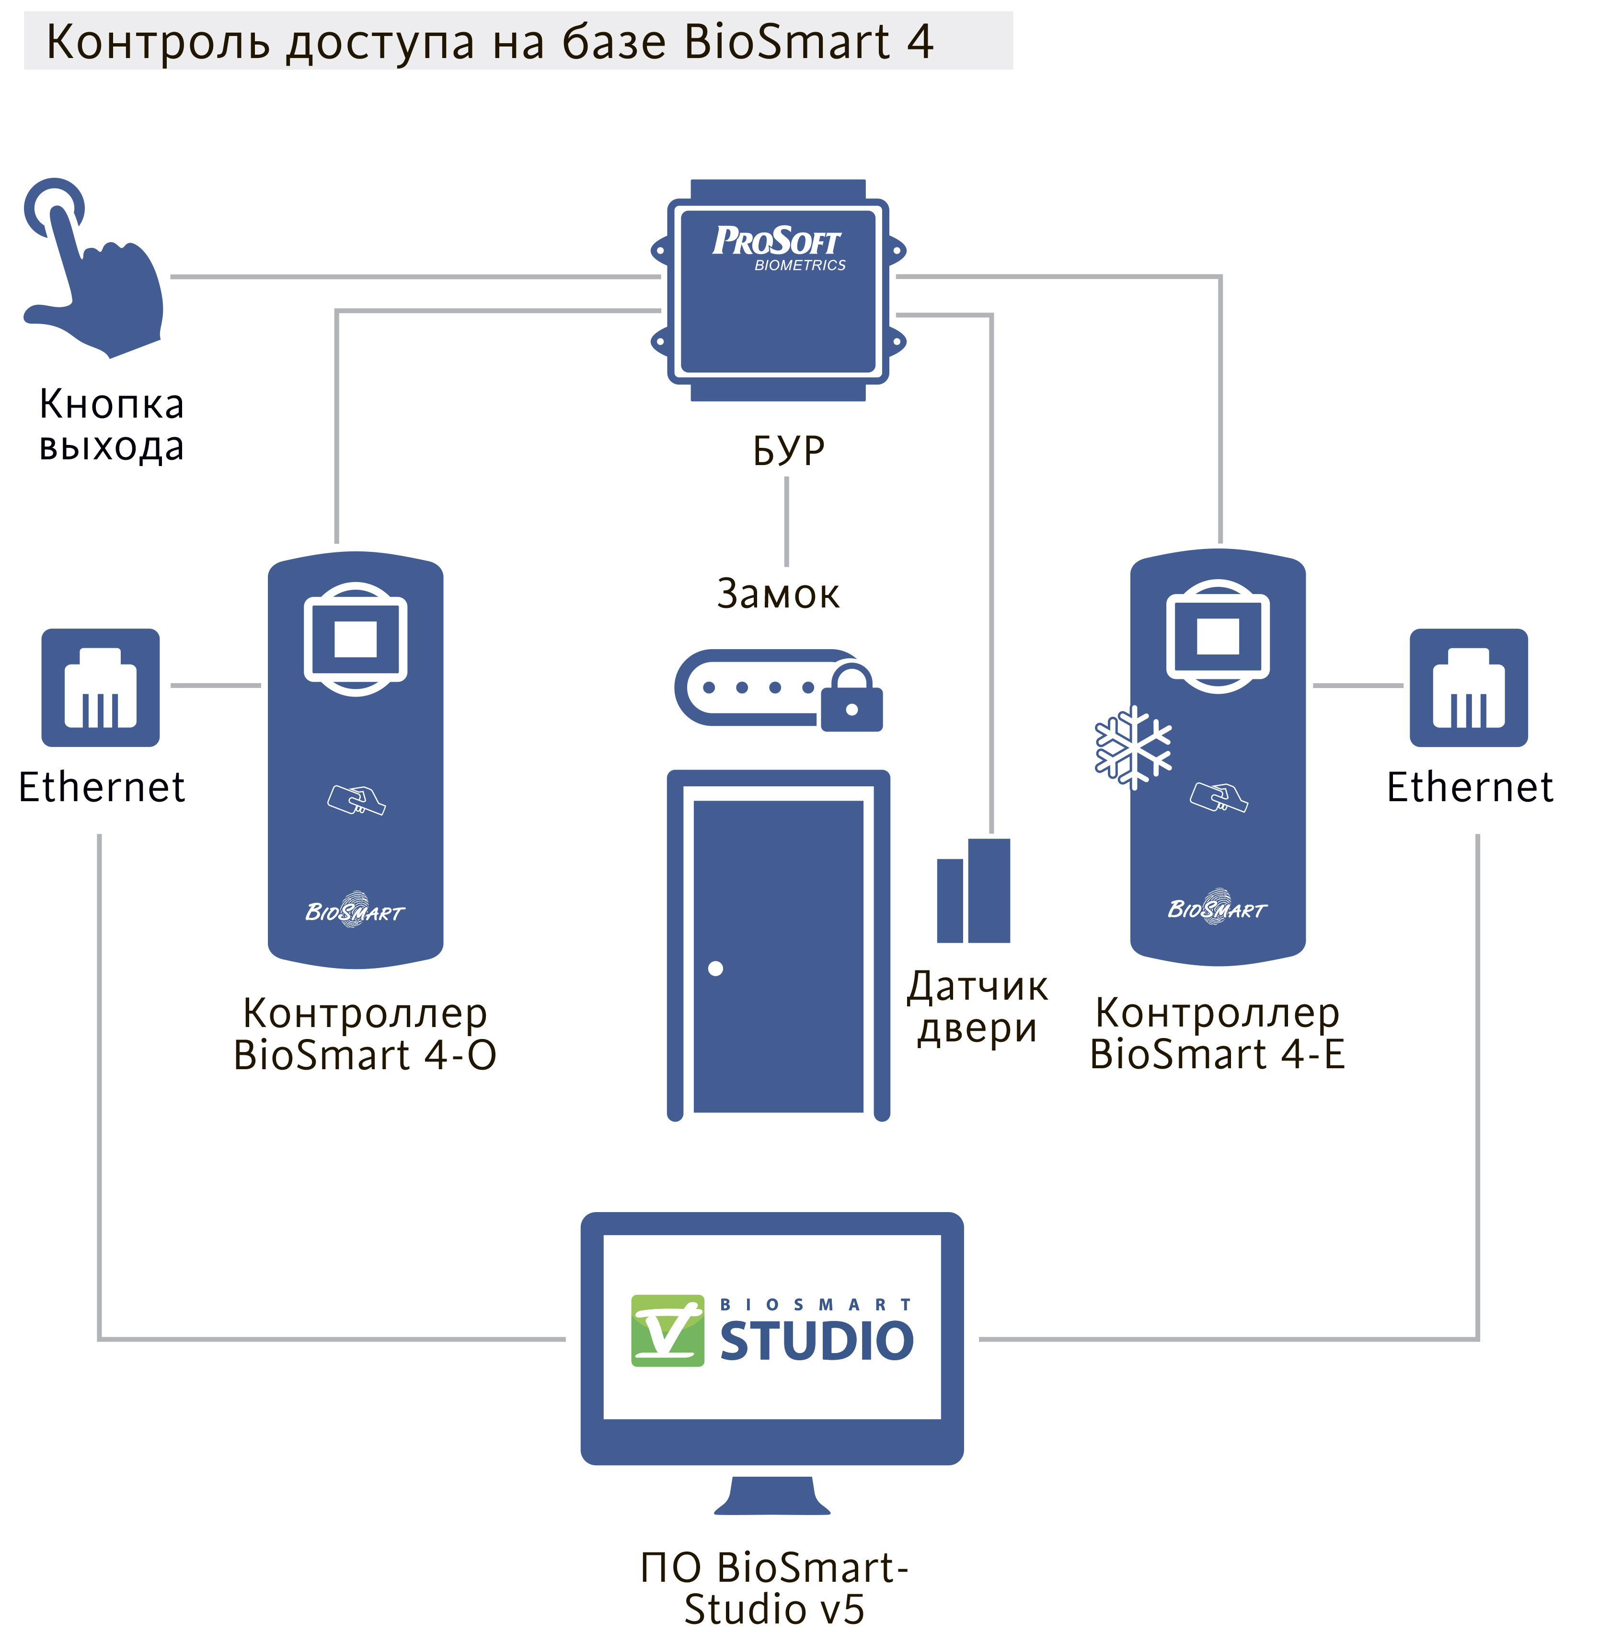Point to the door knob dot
tap(715, 969)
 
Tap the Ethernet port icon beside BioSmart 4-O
tap(101, 687)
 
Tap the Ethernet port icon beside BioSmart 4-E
tap(1468, 687)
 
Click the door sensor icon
tap(974, 891)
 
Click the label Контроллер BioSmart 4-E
tap(1217, 1033)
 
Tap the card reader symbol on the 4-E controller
tap(1219, 796)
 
